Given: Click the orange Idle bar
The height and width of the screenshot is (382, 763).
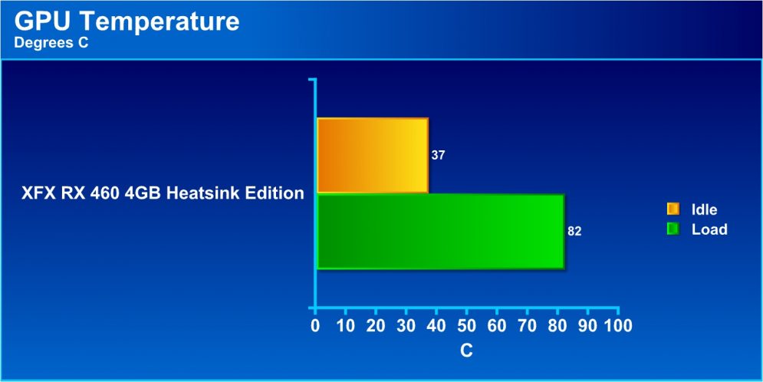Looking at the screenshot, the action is coord(372,155).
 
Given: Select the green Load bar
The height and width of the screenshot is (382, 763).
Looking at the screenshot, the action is coord(440,231).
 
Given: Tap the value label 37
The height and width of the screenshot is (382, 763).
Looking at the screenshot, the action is coord(438,156).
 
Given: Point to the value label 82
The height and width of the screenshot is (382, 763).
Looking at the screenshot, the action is coord(574,232).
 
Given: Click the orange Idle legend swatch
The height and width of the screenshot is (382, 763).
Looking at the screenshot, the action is coord(673,209).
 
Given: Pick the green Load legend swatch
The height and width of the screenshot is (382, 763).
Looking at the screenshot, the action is coord(673,229).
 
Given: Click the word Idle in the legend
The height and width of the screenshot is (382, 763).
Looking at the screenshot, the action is coord(705,209).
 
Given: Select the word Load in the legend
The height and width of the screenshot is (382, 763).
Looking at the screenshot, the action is coord(709,229).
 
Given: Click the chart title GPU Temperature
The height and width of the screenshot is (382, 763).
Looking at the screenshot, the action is coord(127,22).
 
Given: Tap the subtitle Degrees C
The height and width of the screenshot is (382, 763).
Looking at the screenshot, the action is coord(51,43).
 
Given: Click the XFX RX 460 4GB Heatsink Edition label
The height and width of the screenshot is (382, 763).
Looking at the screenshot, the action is coord(163,193).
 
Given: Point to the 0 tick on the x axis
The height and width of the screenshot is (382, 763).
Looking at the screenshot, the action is coord(315,325).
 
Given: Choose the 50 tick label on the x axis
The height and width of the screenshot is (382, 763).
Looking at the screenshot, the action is coord(467,325).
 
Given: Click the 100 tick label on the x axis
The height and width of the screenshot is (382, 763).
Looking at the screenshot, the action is coord(617,325).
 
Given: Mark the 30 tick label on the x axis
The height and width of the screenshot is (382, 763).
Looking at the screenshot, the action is coord(406,325).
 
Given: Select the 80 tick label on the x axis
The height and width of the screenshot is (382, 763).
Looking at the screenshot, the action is coord(557,325).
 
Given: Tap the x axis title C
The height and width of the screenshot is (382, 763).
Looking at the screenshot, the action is coord(467,351).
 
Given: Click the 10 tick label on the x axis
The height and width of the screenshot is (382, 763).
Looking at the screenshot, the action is coord(346,325).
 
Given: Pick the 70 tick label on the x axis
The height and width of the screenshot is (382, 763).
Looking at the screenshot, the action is coord(528,325).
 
